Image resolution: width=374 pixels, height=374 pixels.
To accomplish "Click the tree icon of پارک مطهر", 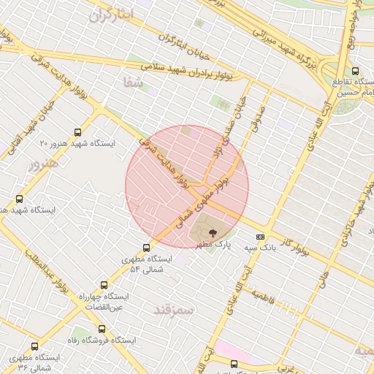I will [x=213, y=232].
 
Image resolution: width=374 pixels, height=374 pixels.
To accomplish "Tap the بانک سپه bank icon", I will [x=260, y=237].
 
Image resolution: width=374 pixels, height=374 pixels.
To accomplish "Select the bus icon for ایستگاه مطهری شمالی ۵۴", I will [x=146, y=248].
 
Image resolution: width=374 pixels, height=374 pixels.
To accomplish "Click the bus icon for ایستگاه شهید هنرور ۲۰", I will [x=78, y=132].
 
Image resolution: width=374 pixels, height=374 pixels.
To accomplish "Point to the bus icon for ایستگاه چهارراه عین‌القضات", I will [x=103, y=286].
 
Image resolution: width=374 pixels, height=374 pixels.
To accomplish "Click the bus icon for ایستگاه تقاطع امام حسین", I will [x=355, y=71].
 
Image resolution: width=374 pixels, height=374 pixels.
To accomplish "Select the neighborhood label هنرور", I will [x=42, y=164].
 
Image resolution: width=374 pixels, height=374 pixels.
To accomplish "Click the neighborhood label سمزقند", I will [x=174, y=310].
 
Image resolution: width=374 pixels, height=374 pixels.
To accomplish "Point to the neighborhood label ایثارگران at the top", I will [x=111, y=15].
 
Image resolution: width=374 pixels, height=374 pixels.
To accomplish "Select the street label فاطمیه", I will [x=267, y=296].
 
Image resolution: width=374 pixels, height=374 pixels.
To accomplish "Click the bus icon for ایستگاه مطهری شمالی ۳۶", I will [x=34, y=347].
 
